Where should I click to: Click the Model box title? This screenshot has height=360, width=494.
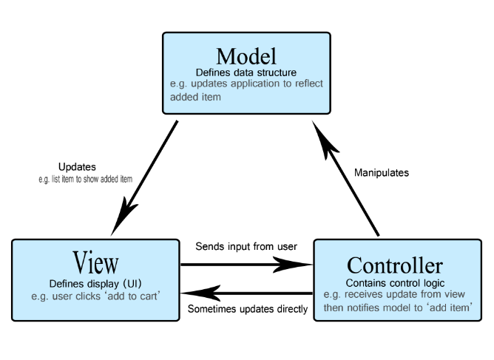click(x=246, y=56)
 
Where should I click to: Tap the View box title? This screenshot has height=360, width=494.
click(x=95, y=262)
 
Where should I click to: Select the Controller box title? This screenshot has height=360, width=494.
click(x=395, y=265)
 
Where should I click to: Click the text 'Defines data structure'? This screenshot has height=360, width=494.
click(x=246, y=72)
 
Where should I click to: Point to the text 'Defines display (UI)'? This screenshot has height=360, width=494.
click(x=95, y=284)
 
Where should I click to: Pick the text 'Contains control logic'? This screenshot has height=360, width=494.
click(x=395, y=283)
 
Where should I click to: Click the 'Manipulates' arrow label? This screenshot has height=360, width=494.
click(x=382, y=172)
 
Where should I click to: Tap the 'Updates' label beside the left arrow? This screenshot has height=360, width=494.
click(x=77, y=167)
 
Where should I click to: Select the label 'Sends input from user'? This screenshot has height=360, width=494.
click(x=246, y=246)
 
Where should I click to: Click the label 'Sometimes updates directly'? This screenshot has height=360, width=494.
click(x=248, y=309)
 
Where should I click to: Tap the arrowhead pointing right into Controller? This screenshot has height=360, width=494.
click(x=291, y=265)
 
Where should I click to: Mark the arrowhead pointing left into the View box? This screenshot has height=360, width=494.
click(x=200, y=293)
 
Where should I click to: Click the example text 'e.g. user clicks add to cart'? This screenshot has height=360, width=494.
click(x=95, y=296)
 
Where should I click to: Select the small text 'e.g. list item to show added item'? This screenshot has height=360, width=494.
click(x=85, y=179)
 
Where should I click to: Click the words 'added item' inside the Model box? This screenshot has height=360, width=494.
click(x=195, y=97)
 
